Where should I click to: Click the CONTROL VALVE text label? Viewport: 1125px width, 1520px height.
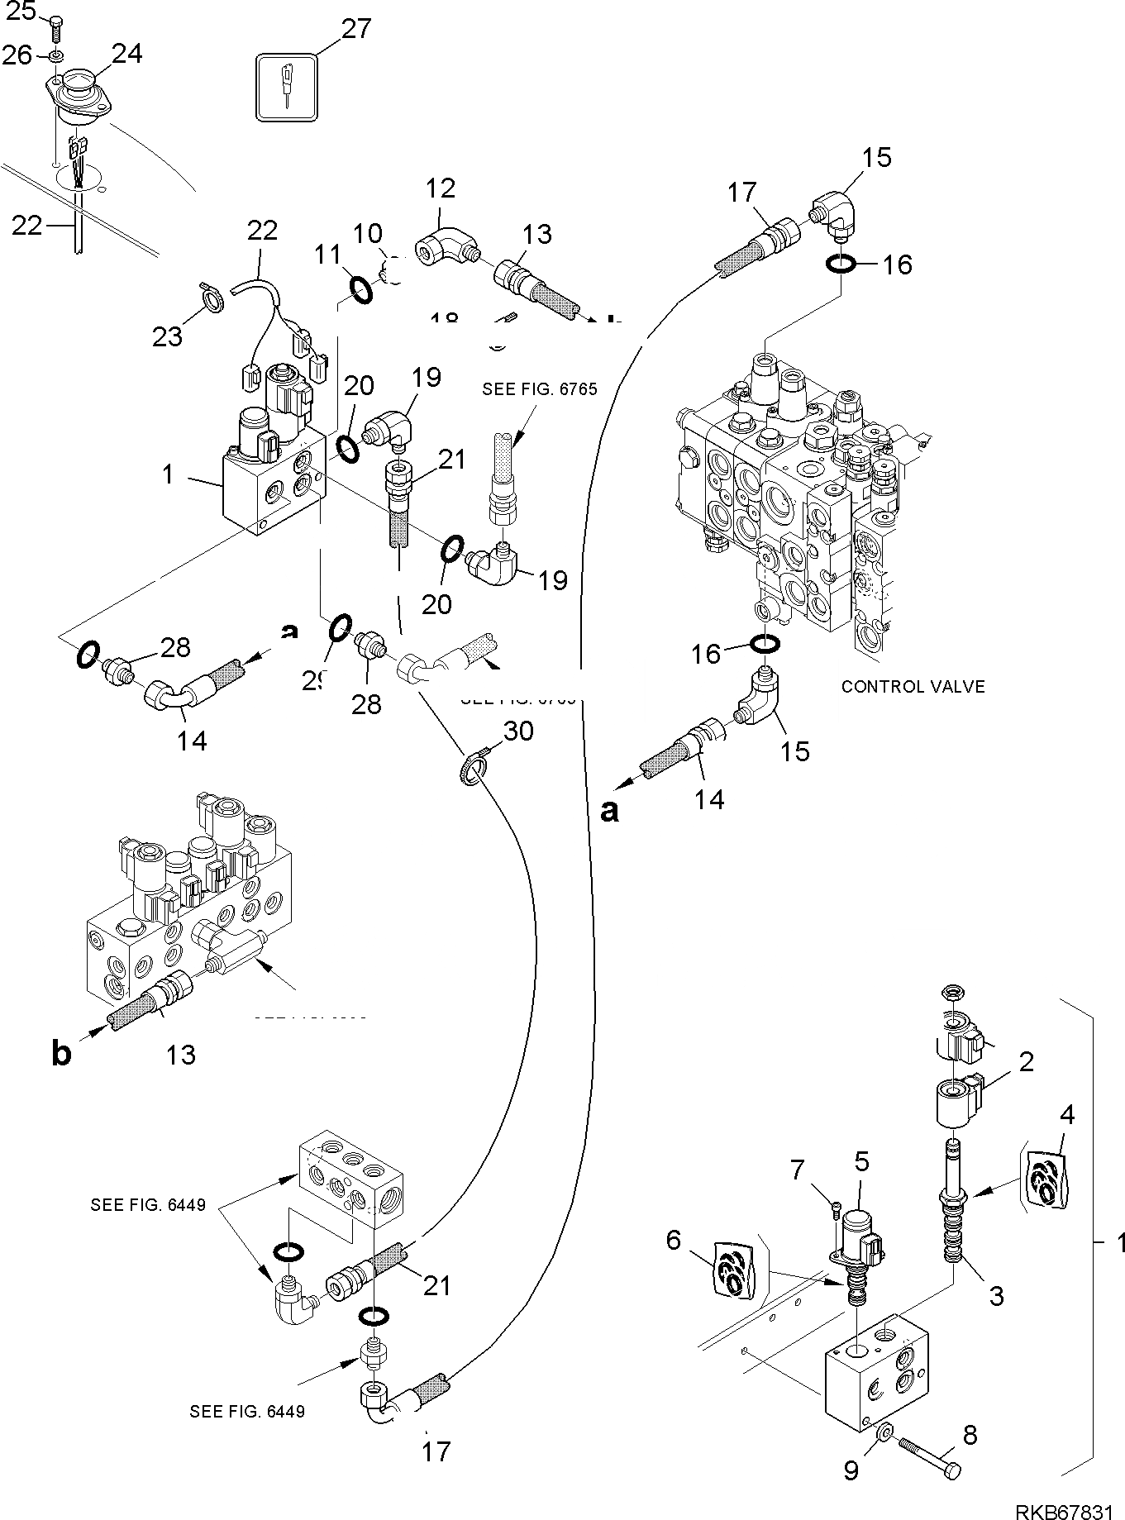(913, 686)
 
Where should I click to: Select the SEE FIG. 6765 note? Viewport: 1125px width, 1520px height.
(539, 388)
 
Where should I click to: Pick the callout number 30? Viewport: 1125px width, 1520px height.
(519, 731)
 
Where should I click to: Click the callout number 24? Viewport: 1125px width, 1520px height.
(127, 54)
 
